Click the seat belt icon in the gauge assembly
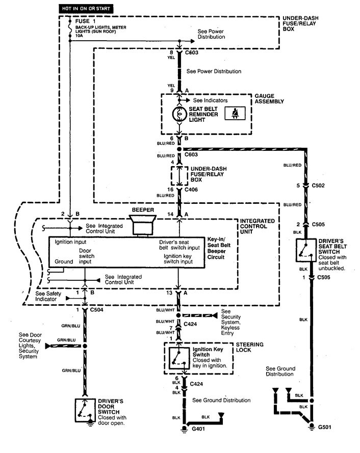tap(236, 114)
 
